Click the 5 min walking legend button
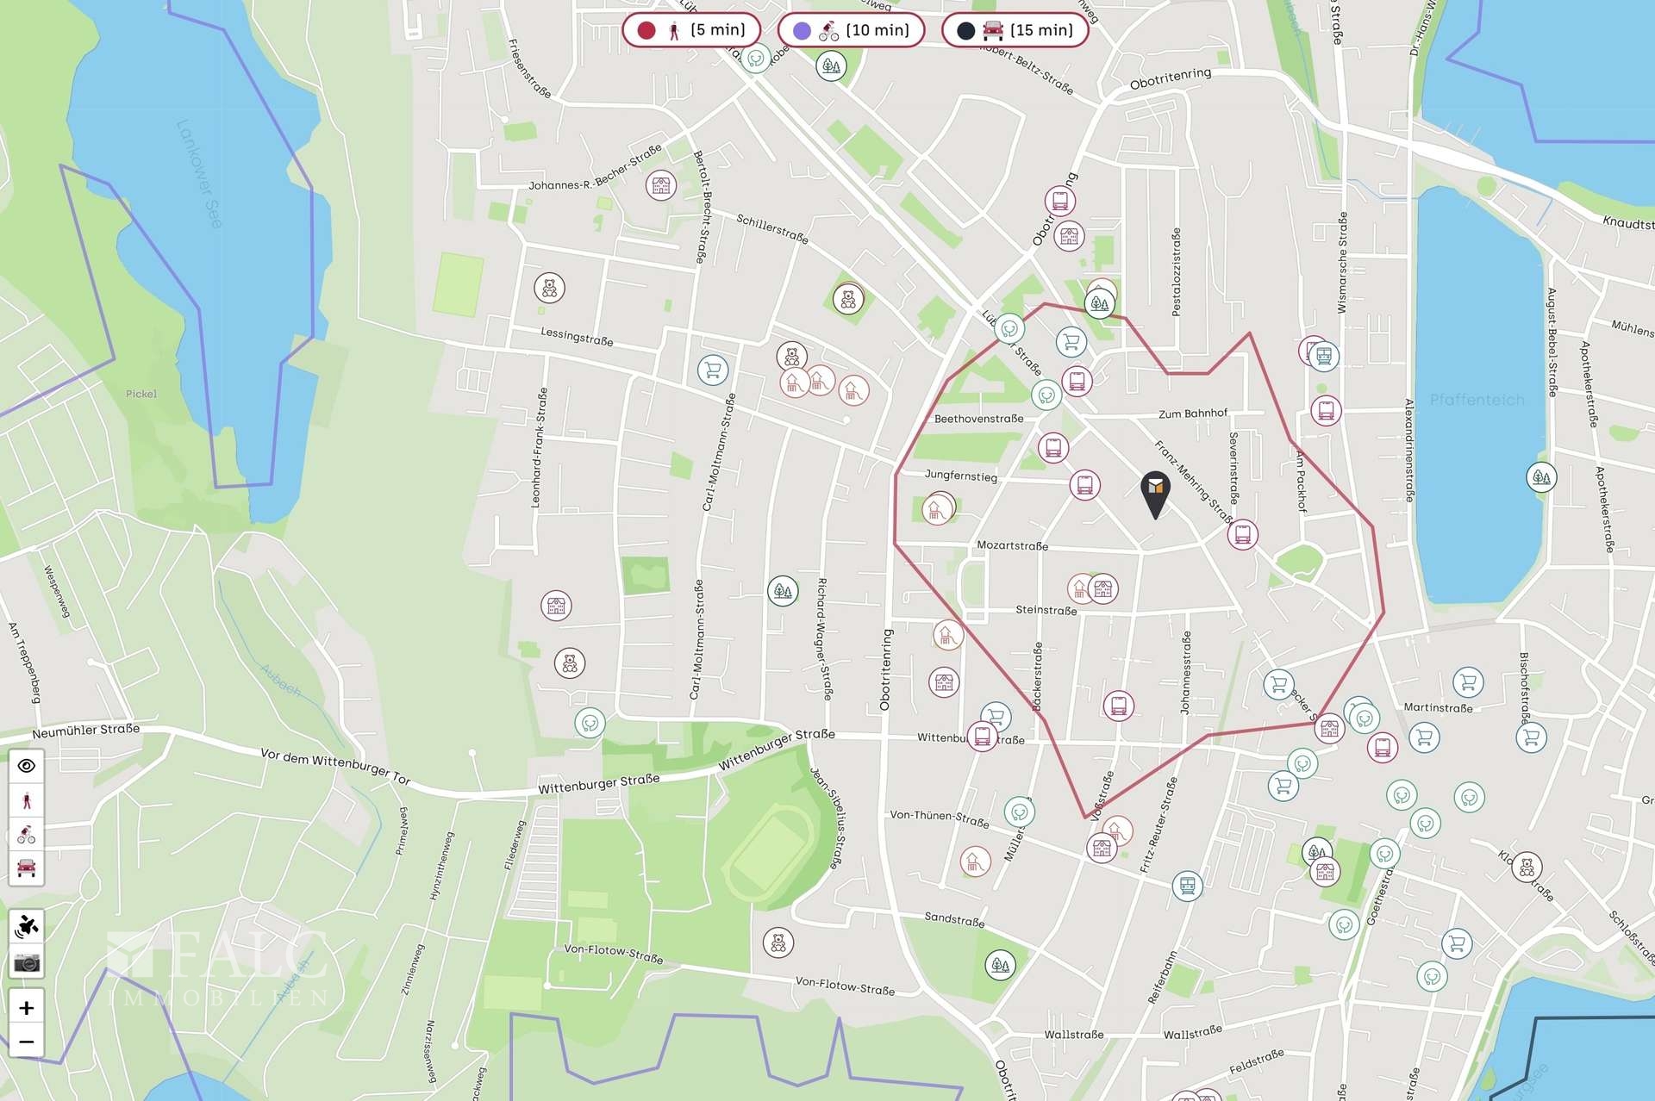pyautogui.click(x=691, y=30)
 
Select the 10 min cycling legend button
pyautogui.click(x=851, y=30)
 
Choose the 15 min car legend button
pyautogui.click(x=1015, y=30)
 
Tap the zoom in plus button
pyautogui.click(x=27, y=1008)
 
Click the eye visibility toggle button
pyautogui.click(x=27, y=766)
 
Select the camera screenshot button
pyautogui.click(x=27, y=963)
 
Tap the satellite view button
pyautogui.click(x=27, y=927)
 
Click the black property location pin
pyautogui.click(x=1155, y=491)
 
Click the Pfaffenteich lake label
pyautogui.click(x=1477, y=400)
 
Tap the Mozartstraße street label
pyautogui.click(x=1012, y=545)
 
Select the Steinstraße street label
pyautogui.click(x=1046, y=610)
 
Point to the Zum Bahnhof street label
pyautogui.click(x=1192, y=414)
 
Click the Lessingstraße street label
pyautogui.click(x=577, y=336)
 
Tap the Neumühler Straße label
pyautogui.click(x=85, y=731)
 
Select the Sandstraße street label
pyautogui.click(x=954, y=919)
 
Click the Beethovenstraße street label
pyautogui.click(x=978, y=419)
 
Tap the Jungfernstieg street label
pyautogui.click(x=960, y=476)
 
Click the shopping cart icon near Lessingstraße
pyautogui.click(x=713, y=370)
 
